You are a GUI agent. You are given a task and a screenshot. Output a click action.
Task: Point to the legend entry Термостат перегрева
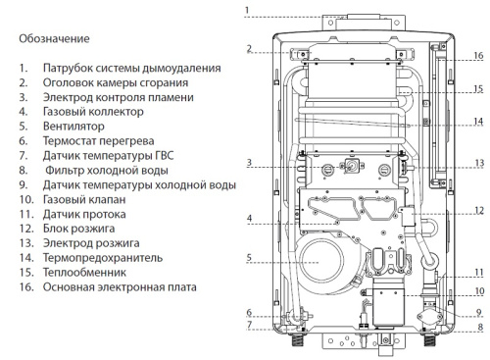98,140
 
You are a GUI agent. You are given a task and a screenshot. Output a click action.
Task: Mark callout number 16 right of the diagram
478,56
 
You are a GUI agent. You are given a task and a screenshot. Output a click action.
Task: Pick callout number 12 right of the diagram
478,210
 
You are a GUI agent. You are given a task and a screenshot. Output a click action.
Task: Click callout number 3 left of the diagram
250,162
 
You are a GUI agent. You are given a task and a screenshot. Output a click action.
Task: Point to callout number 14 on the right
478,122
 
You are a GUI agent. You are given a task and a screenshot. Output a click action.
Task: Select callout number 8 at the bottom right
478,327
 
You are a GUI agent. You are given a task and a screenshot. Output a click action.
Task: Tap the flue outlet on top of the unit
353,19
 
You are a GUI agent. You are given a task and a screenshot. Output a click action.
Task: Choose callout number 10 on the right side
478,290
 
